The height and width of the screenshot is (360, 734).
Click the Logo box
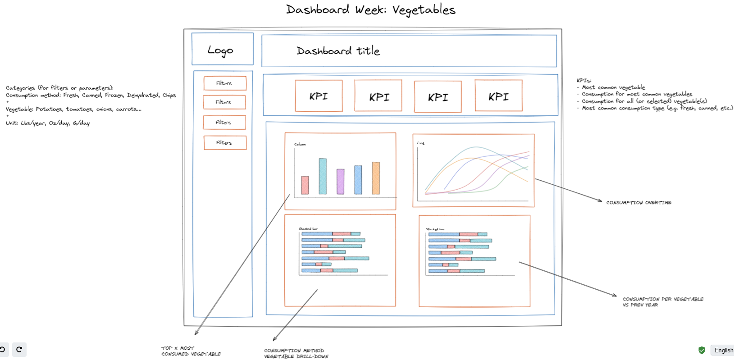point(222,49)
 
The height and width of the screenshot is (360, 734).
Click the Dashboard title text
point(338,51)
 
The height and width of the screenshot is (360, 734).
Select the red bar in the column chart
point(305,185)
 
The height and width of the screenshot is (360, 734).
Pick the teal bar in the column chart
point(323,176)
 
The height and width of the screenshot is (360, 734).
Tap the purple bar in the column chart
point(341,182)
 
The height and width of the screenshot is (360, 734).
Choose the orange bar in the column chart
point(376,178)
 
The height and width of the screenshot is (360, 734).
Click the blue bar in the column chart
point(358,180)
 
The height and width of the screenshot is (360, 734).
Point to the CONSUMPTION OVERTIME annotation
point(638,203)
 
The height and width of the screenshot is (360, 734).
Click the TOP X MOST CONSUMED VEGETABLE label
point(191,351)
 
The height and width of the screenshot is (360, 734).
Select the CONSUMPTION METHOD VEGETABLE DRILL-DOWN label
point(296,353)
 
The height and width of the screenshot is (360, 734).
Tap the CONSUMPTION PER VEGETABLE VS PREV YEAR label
point(662,302)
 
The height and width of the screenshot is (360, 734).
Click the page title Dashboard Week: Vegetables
point(370,9)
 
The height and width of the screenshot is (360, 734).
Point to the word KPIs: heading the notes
point(584,81)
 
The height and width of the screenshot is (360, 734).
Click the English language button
point(723,350)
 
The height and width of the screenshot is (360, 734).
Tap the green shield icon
point(702,350)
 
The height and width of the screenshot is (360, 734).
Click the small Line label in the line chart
point(421,143)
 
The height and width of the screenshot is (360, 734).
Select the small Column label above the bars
point(300,144)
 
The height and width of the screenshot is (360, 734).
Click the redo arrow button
point(19,349)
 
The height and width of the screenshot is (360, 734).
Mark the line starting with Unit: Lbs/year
point(48,123)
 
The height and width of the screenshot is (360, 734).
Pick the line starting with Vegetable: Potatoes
point(73,109)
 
